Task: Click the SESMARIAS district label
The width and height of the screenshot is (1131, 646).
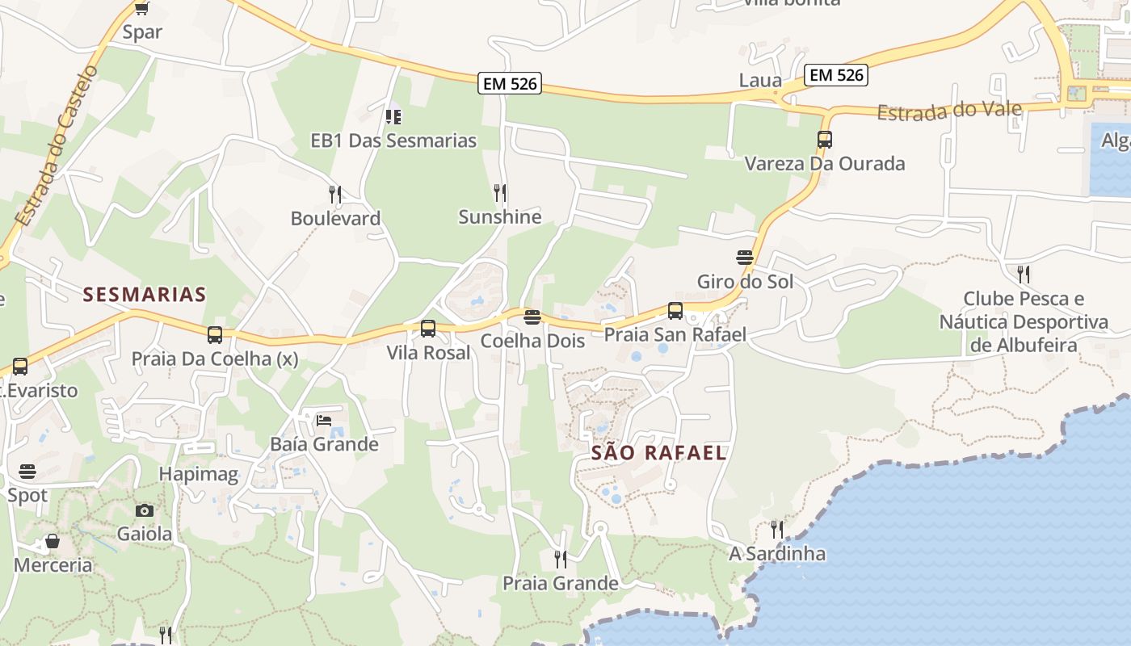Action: [x=145, y=295]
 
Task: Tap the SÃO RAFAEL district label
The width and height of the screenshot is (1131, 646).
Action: [x=659, y=453]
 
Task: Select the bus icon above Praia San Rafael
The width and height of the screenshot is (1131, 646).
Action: [x=675, y=311]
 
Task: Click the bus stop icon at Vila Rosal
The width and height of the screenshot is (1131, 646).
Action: [x=428, y=329]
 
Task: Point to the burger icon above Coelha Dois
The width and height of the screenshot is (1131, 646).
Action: [x=532, y=317]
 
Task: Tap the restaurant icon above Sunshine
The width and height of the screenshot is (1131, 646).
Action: [x=500, y=193]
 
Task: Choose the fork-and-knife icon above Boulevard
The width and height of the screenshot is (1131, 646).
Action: [x=335, y=195]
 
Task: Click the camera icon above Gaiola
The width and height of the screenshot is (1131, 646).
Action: [x=145, y=510]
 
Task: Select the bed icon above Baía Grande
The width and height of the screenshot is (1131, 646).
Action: [x=324, y=420]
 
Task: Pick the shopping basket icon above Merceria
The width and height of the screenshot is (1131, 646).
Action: [x=53, y=541]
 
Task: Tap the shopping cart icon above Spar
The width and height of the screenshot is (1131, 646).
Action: [x=142, y=9]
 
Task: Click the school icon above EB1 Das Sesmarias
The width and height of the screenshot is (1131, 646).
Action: [x=393, y=117]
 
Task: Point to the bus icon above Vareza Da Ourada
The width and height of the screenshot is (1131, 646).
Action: [x=824, y=140]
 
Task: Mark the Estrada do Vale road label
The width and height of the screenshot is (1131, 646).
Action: [x=949, y=111]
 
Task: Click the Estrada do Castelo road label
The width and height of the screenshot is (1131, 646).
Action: [x=57, y=146]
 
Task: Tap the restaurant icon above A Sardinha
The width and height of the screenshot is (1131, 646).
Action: [x=777, y=530]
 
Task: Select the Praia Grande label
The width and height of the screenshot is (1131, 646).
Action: [x=561, y=583]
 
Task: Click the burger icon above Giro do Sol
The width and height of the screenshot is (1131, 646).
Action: [x=745, y=258]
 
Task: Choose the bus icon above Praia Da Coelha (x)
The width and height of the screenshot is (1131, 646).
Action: [x=214, y=334]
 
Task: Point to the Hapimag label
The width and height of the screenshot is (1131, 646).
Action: [x=199, y=474]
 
